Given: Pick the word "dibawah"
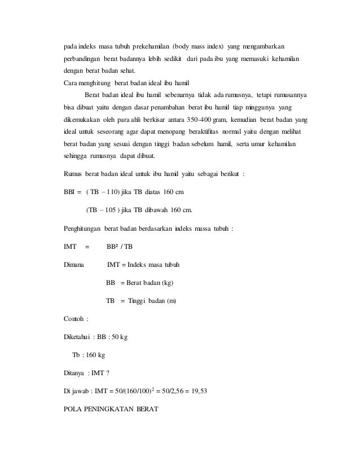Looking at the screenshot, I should click(155, 210).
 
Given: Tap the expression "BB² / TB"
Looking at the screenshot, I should click(120, 247).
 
